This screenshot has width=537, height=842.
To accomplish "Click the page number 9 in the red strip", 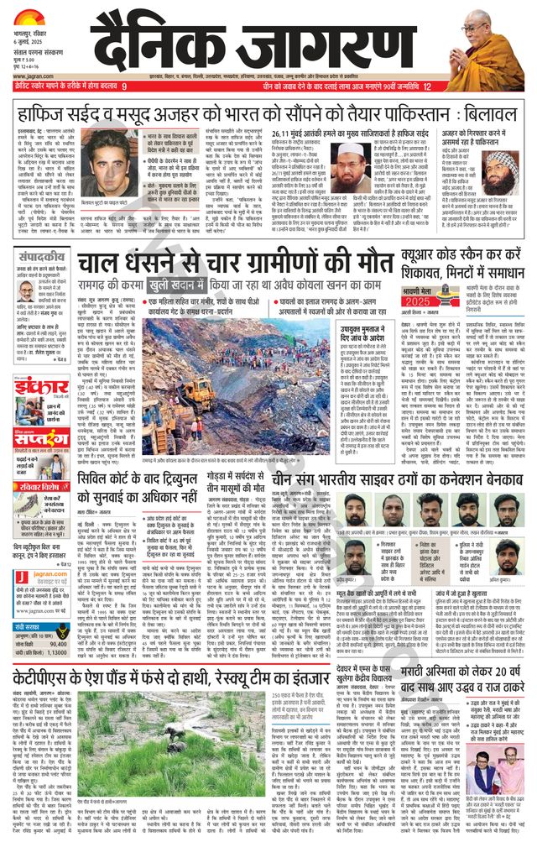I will (124, 86).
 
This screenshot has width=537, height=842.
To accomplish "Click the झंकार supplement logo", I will (37, 387).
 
